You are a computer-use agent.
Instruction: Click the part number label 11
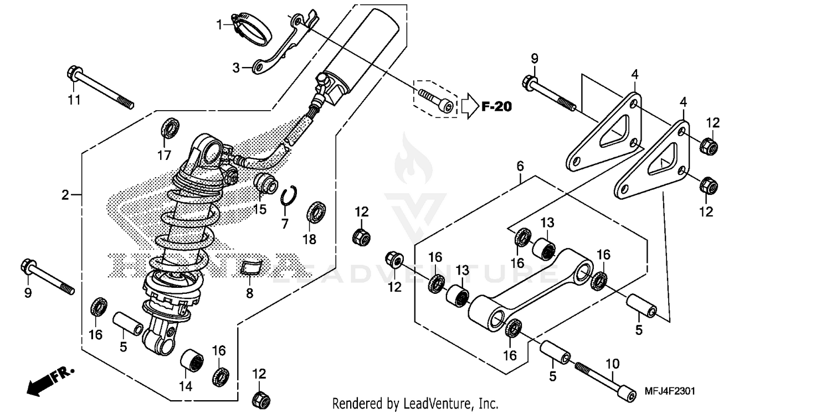tap(74, 100)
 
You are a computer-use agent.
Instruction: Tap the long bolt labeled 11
tap(100, 88)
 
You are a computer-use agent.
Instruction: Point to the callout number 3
tap(236, 68)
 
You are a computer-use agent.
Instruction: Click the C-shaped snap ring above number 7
tap(288, 196)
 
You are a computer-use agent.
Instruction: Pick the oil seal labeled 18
tap(316, 213)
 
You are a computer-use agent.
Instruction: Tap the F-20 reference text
tap(496, 107)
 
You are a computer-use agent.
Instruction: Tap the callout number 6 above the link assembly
tap(520, 165)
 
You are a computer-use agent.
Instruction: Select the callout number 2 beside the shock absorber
tap(65, 195)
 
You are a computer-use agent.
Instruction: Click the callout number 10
tap(612, 364)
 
